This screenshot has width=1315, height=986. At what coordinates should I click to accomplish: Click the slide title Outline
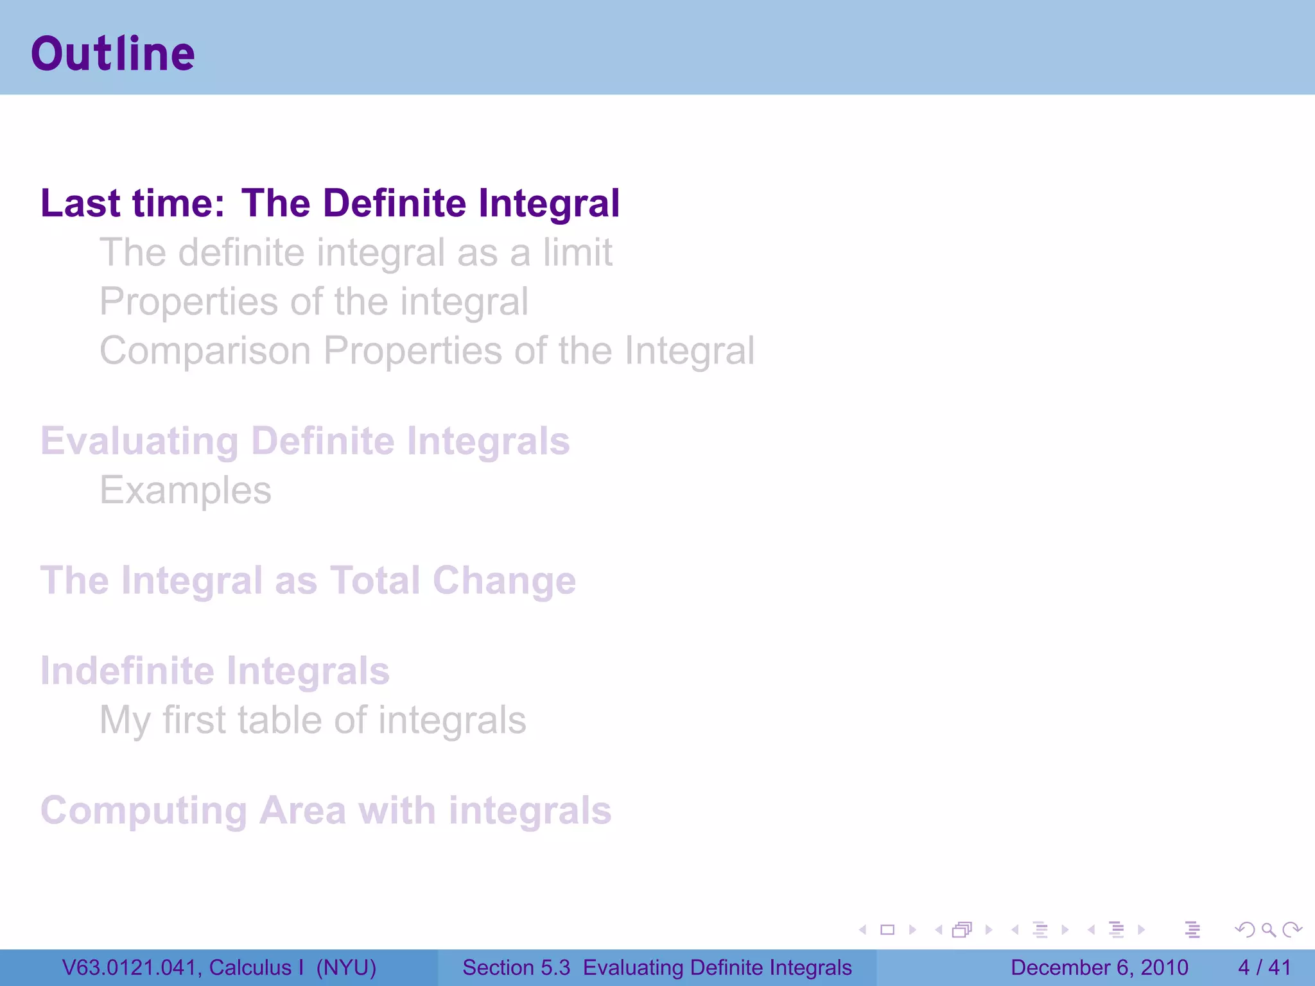point(113,54)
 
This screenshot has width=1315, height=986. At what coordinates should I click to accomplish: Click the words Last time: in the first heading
point(133,203)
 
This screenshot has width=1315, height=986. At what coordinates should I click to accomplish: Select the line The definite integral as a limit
point(356,252)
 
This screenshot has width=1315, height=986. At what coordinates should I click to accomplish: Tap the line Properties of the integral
point(314,302)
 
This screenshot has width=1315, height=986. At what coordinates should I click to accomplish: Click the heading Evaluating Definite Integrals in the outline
point(305,442)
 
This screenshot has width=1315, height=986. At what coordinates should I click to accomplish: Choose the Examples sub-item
point(186,491)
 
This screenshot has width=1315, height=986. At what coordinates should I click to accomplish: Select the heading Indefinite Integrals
point(215,671)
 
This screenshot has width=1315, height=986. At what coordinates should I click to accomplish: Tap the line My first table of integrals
point(313,720)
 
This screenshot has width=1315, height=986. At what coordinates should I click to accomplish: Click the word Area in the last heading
point(302,811)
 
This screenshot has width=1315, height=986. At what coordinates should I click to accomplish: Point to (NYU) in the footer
point(346,968)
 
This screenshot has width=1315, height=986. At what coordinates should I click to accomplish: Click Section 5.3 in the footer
point(516,968)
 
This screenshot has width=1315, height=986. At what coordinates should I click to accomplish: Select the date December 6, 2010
point(1099,968)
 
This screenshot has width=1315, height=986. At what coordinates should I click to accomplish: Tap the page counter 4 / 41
point(1264,968)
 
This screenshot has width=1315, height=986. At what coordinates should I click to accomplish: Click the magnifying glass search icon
point(1268,930)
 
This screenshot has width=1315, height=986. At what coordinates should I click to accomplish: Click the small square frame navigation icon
point(887,930)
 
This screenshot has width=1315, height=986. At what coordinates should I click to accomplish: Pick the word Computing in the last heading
point(144,811)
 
